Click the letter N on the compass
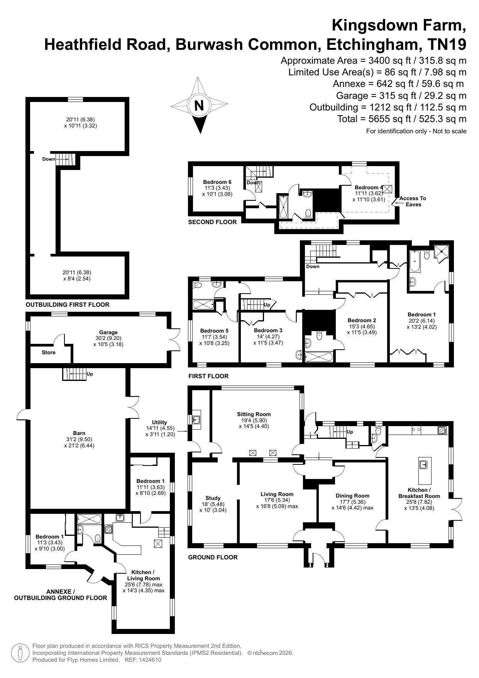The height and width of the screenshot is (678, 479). click(199, 105)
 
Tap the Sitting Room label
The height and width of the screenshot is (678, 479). click(254, 414)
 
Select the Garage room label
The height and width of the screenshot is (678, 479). click(108, 332)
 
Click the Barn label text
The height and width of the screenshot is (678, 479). click(79, 433)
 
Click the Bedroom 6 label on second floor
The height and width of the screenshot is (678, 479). click(217, 182)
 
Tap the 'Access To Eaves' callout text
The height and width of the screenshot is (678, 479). click(413, 201)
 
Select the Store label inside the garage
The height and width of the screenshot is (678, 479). click(49, 352)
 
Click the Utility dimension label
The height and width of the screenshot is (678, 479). click(159, 428)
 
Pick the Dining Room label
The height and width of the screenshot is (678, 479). click(352, 496)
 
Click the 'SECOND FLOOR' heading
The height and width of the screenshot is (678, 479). click(212, 222)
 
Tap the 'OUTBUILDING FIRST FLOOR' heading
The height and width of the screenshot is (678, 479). click(68, 305)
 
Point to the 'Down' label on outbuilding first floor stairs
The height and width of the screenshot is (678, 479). click(49, 159)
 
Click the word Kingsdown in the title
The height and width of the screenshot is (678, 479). click(374, 25)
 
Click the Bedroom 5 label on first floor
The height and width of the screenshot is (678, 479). click(214, 331)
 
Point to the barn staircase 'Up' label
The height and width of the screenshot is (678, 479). click(90, 374)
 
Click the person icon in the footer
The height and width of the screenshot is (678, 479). click(20, 653)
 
